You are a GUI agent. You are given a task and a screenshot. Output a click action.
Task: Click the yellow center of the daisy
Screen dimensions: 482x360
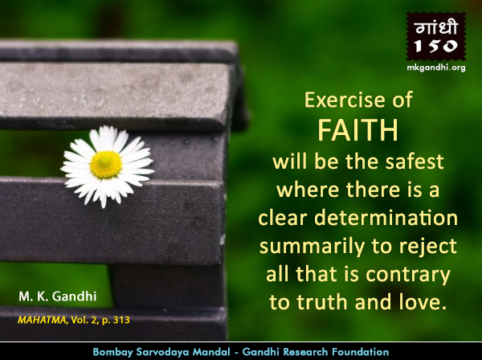tap(106, 165)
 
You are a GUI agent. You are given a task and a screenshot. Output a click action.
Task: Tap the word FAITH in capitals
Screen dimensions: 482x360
tap(357, 130)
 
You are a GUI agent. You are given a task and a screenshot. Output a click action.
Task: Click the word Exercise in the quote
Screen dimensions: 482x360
tap(345, 100)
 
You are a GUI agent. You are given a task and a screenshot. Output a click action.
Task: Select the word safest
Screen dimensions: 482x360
tap(415, 162)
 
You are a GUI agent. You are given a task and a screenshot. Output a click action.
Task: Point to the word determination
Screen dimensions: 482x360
tap(386, 218)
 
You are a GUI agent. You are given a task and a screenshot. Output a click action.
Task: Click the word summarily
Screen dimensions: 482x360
tap(312, 247)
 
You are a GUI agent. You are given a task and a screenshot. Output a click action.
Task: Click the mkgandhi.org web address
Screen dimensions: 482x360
tap(436, 67)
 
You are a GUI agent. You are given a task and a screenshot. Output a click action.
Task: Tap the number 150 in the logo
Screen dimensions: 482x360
tap(436, 47)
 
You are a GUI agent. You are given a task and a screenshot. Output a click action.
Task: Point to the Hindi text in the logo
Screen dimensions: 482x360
tap(436, 27)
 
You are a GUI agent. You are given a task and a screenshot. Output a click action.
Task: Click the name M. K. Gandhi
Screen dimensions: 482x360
tap(58, 297)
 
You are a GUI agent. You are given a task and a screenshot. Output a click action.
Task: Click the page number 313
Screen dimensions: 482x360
tap(121, 321)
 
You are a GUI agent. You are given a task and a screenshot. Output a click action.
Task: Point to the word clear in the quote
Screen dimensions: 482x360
tap(283, 218)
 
